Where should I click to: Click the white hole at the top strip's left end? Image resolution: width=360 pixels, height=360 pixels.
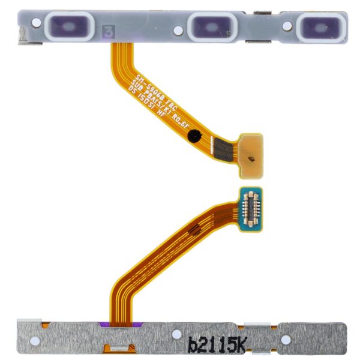tap(37, 23)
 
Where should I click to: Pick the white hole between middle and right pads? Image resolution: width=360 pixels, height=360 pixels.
tap(287, 26)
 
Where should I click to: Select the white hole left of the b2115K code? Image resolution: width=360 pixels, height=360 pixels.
tap(176, 335)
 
